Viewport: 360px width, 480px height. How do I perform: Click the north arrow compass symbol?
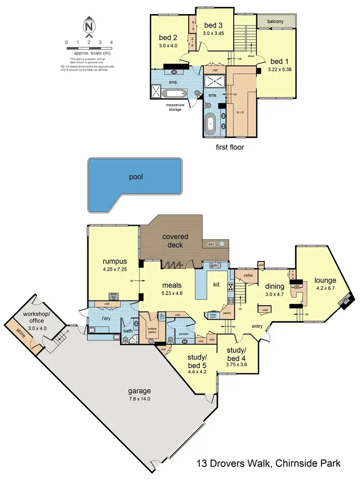tap(89, 27)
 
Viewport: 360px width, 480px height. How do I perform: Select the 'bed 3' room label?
tap(214, 25)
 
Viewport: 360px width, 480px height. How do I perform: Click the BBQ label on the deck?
tap(211, 244)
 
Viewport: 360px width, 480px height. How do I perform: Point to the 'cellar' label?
tap(248, 275)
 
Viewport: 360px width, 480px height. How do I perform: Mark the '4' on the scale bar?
tap(111, 42)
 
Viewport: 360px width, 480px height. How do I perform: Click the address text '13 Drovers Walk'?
tap(234, 464)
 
